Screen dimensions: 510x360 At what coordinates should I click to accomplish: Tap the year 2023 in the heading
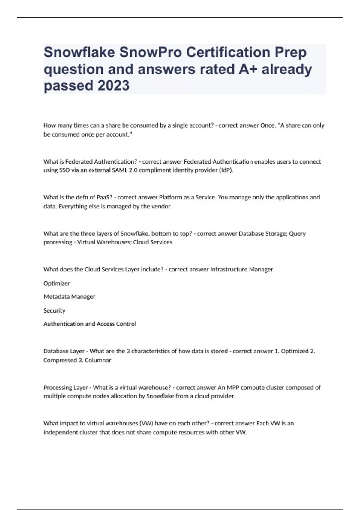[x=113, y=85]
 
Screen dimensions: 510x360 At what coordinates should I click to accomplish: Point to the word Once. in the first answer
[x=268, y=125]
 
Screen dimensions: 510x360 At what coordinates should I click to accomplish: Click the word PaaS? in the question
[x=104, y=197]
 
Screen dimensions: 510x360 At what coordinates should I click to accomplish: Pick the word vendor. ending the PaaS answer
[x=162, y=206]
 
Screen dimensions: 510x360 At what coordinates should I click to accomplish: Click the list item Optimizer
[x=57, y=283]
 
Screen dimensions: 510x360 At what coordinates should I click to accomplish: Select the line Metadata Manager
[x=69, y=297]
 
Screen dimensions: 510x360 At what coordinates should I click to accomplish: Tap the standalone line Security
[x=54, y=310]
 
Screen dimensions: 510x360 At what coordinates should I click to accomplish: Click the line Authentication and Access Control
[x=90, y=324]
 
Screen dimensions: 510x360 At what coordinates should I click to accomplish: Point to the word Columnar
[x=98, y=360]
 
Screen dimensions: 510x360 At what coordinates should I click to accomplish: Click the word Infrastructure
[x=229, y=269]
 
